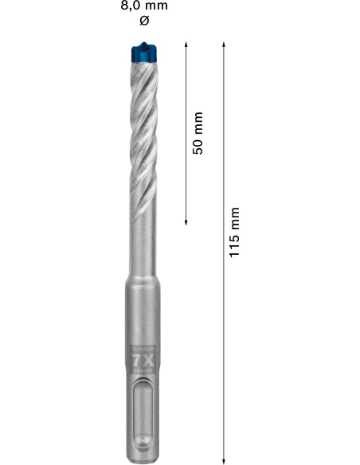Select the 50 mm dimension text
point(198,132)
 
